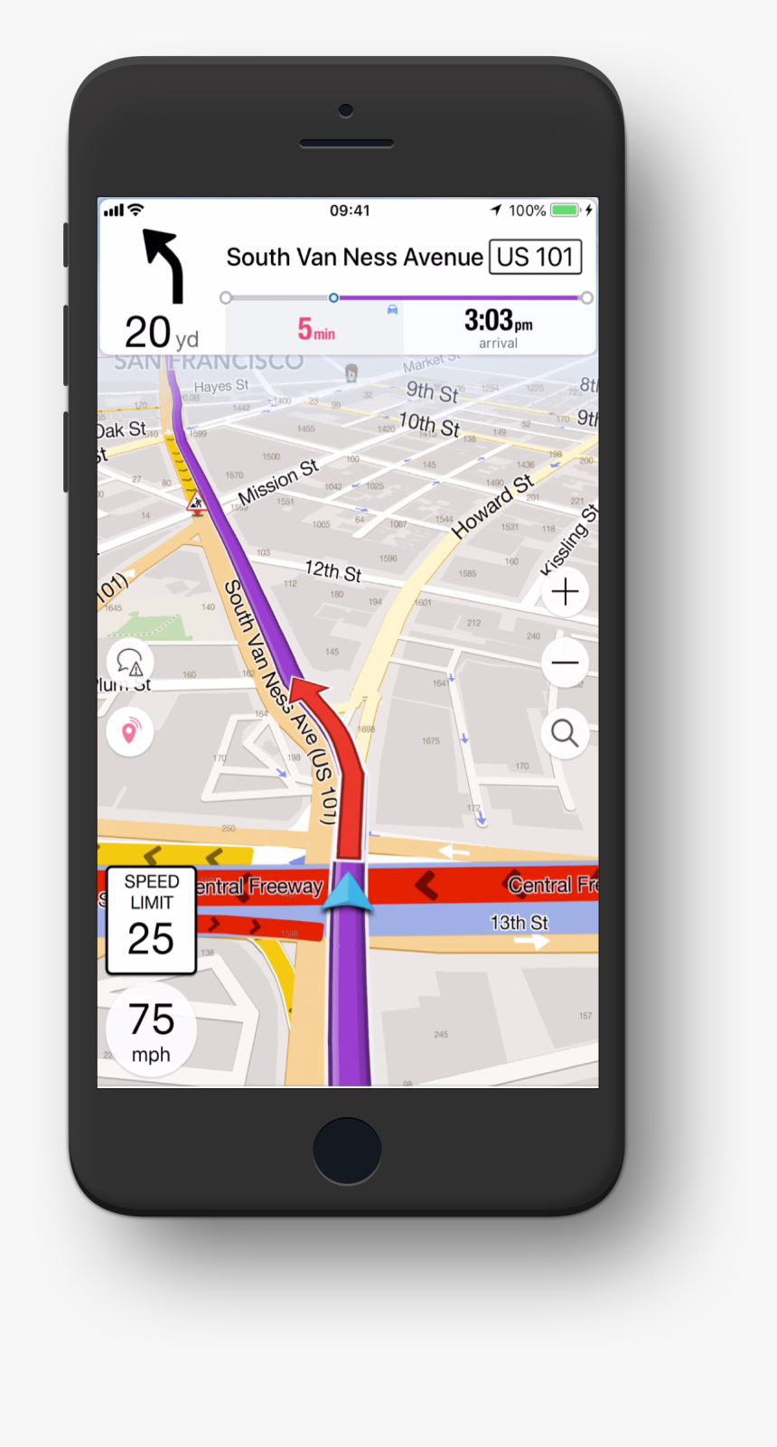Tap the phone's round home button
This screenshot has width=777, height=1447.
point(347,1150)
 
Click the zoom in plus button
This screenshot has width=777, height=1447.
point(565,592)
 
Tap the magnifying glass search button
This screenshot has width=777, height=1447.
point(565,733)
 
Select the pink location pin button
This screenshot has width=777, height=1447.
point(130,731)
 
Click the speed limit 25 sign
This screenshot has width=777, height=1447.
point(151,920)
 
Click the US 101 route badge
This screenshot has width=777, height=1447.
point(535,258)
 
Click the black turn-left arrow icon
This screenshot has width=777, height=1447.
point(165,264)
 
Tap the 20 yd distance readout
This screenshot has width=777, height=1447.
point(161,333)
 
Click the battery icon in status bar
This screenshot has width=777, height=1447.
point(566,211)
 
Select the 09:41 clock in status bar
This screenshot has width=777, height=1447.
point(350,211)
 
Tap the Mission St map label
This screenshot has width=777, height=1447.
point(277,481)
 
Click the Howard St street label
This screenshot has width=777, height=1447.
point(492,507)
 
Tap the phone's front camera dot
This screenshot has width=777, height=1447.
point(346,110)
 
